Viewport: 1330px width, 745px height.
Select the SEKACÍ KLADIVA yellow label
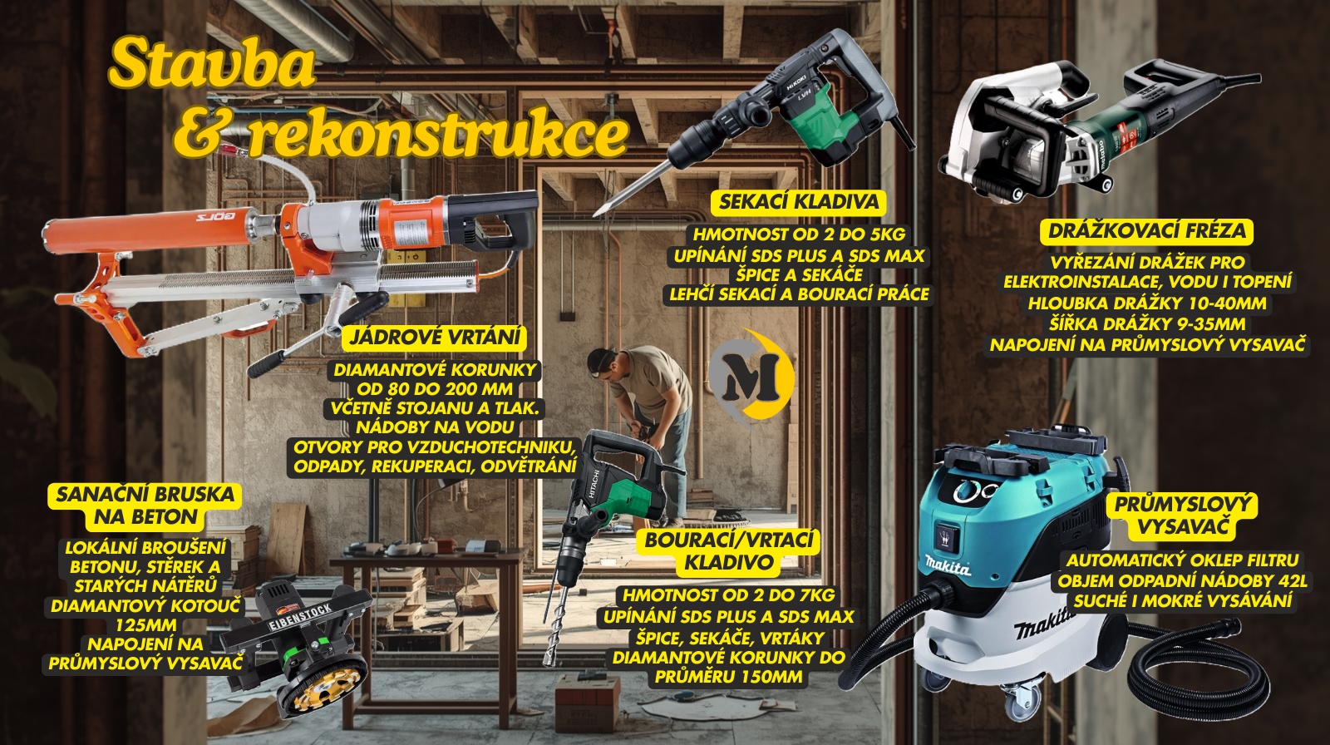(x=799, y=202)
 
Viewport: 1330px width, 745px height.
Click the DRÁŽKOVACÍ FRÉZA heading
(x=1146, y=230)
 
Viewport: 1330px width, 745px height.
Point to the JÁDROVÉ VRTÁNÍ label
(x=435, y=337)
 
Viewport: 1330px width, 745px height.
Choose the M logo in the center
(x=752, y=377)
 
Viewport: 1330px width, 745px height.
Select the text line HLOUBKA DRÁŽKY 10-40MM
(x=1147, y=303)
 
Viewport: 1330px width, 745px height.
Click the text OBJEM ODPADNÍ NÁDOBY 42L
(x=1182, y=580)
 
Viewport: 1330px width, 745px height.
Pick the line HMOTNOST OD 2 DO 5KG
(x=799, y=234)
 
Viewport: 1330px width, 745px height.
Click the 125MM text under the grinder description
(x=145, y=625)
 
